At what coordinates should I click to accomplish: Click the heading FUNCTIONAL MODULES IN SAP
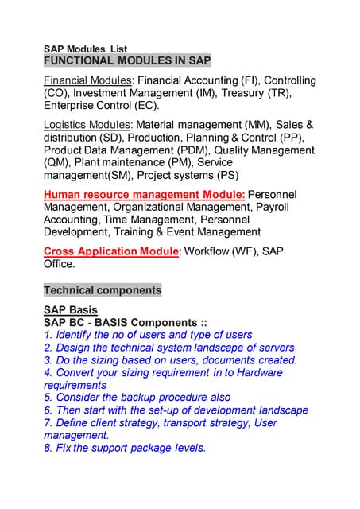(x=127, y=61)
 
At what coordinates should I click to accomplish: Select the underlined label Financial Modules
(x=87, y=80)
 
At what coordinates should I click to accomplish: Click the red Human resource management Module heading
(x=144, y=194)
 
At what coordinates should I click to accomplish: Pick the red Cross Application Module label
(x=111, y=251)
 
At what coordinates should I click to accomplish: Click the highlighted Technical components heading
(x=103, y=290)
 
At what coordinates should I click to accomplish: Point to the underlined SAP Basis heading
(x=71, y=310)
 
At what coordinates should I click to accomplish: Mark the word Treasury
(x=238, y=93)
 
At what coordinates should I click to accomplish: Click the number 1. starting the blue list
(x=48, y=335)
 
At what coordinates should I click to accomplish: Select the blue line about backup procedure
(x=137, y=398)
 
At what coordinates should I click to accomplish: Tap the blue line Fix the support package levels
(x=125, y=448)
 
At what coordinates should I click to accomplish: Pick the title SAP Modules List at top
(x=85, y=49)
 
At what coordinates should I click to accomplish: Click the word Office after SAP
(x=59, y=264)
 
